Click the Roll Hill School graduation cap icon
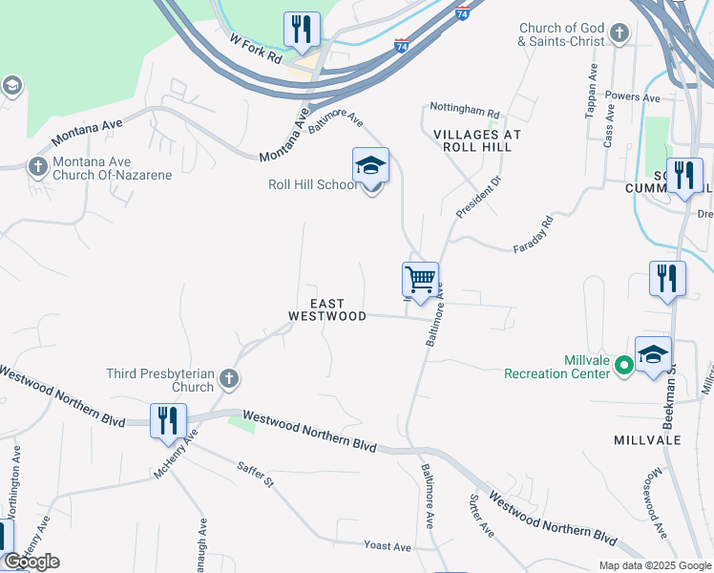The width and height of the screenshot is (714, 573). pyautogui.click(x=370, y=167)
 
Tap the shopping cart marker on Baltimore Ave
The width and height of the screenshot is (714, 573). pyautogui.click(x=420, y=281)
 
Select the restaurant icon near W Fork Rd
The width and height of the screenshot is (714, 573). pyautogui.click(x=302, y=30)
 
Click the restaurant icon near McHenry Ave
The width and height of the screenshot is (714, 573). pyautogui.click(x=167, y=421)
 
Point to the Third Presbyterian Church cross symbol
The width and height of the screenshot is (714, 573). pyautogui.click(x=228, y=380)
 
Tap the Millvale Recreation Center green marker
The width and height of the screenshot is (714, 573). pyautogui.click(x=623, y=365)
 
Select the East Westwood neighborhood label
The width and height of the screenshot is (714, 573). pyautogui.click(x=327, y=309)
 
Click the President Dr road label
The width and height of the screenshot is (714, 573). pyautogui.click(x=478, y=197)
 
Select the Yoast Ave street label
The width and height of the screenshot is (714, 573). pyautogui.click(x=387, y=546)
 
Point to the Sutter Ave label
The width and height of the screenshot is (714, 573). pyautogui.click(x=480, y=516)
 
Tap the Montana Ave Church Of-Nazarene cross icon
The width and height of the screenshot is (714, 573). pyautogui.click(x=37, y=166)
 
